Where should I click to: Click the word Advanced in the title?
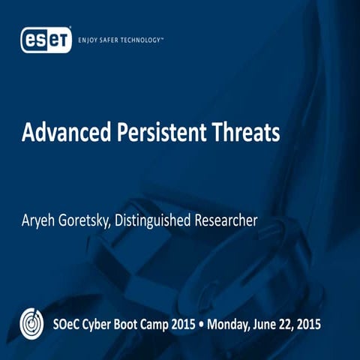[x=62, y=133]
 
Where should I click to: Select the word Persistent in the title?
[x=157, y=133]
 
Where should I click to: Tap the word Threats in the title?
[x=245, y=133]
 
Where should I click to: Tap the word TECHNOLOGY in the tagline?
[x=157, y=39]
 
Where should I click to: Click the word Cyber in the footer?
[x=106, y=325]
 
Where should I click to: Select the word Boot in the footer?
[x=139, y=325]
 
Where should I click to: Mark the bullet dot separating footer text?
[x=223, y=325]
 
